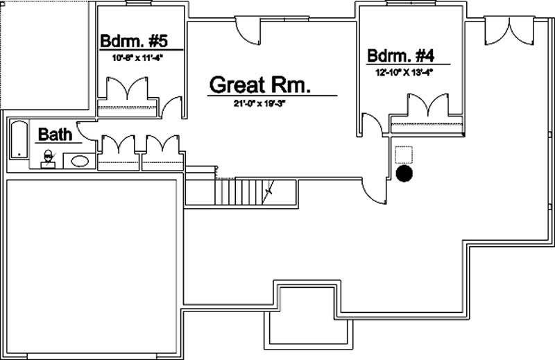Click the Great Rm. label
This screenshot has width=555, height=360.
click(259, 85)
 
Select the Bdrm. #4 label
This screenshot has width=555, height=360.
click(401, 55)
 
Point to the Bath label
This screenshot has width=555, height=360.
click(54, 134)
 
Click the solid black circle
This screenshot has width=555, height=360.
click(404, 174)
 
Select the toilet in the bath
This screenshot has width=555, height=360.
click(48, 159)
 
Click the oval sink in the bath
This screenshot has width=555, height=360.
click(80, 162)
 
